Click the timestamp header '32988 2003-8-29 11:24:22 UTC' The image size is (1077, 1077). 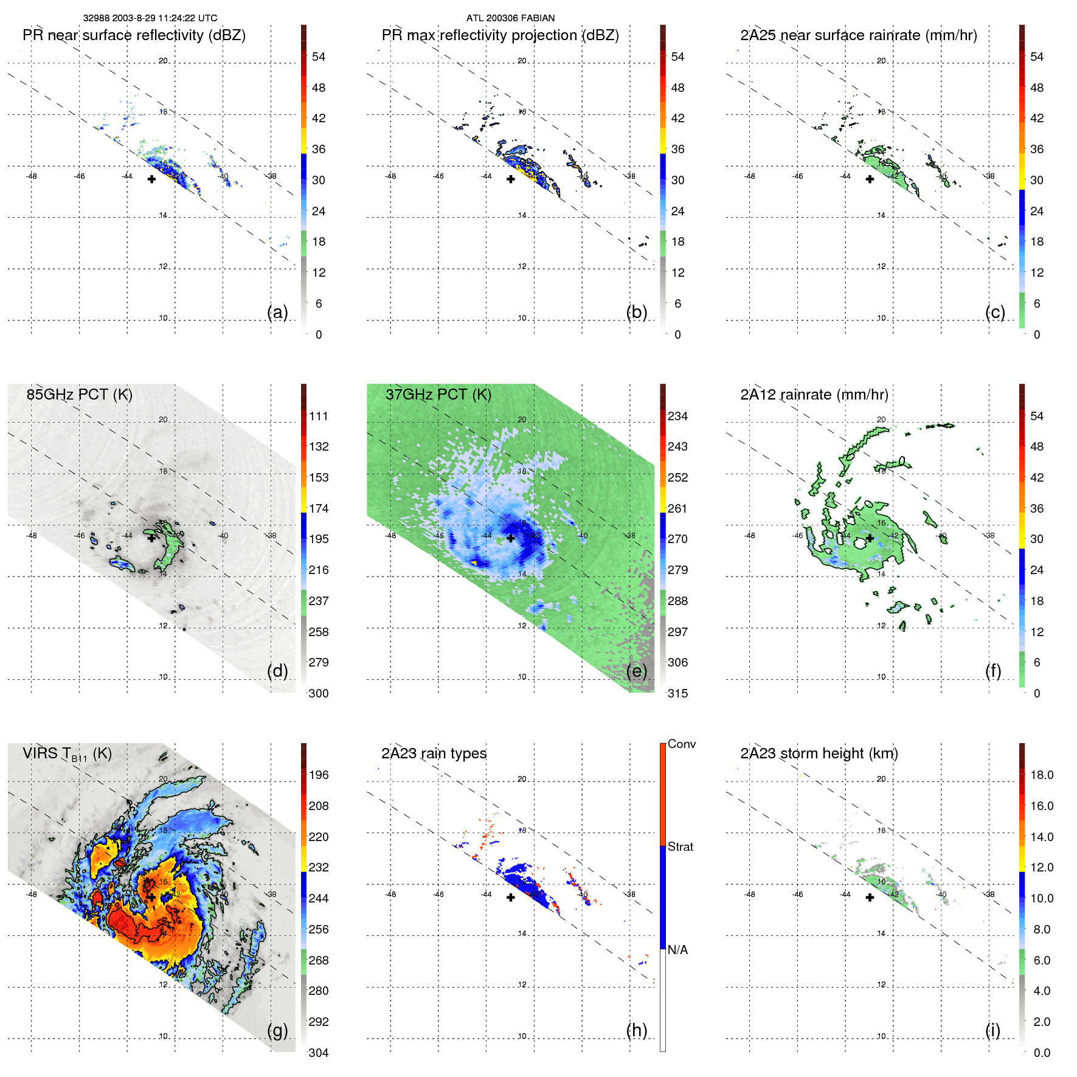point(150,18)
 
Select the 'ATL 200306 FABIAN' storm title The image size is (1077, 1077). point(510,18)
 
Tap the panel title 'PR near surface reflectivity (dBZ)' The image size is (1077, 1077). point(134,35)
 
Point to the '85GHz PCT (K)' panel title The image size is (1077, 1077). point(79,394)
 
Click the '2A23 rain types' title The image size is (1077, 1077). point(434,753)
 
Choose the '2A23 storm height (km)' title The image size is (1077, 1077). point(819,753)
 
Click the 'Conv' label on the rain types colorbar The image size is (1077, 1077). point(681,744)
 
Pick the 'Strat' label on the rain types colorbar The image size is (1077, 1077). point(680,847)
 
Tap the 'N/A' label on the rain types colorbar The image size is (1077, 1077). point(677,950)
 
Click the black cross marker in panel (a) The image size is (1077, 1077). point(151,179)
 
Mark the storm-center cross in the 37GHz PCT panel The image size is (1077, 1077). point(511,538)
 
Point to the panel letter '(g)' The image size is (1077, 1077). point(277,1030)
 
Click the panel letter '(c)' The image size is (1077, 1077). point(995,312)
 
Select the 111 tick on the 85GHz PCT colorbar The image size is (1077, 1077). point(319,416)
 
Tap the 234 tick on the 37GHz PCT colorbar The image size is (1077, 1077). point(677,416)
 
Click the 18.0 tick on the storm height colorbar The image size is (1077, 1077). point(1041,775)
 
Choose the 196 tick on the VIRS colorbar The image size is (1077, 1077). point(319,775)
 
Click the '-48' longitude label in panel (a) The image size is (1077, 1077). point(31,176)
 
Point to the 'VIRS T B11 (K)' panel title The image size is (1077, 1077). point(67,754)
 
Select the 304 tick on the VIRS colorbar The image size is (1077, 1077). point(319,1053)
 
